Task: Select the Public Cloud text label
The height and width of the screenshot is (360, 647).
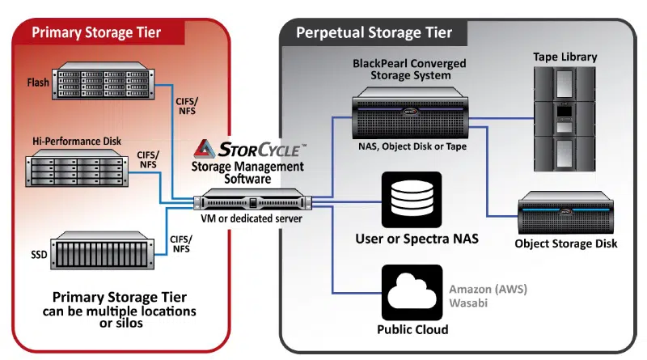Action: coord(412,330)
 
